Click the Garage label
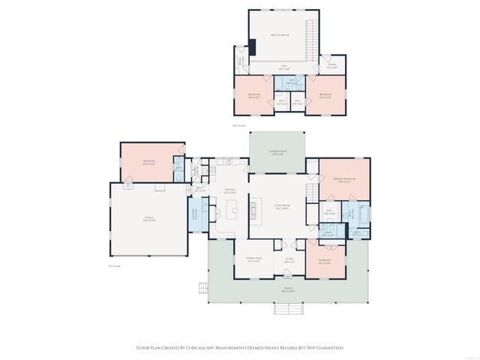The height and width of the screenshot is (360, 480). coord(150,220)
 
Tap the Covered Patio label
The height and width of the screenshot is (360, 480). coord(277,153)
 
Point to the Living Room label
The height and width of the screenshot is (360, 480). coord(282,206)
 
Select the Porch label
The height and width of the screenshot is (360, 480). coord(288,289)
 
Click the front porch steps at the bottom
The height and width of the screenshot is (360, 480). coord(288,309)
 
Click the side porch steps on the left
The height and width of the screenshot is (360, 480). coord(202,287)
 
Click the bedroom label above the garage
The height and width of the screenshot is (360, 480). coord(149,162)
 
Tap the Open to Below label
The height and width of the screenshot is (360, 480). coord(280,34)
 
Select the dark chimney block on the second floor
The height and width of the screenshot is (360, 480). coord(252,46)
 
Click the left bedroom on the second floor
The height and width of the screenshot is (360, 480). coord(253,95)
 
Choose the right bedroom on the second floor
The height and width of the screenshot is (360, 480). coord(325,95)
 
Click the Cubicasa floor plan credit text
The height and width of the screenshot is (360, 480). coord(239,348)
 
